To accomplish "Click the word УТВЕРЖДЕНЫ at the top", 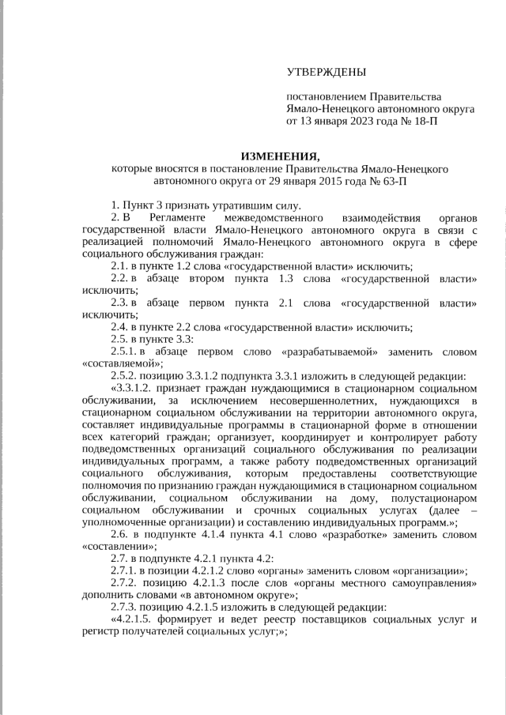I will coord(326,73).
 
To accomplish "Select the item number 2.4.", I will coord(119,327).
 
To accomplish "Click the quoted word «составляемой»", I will coord(111,363).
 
